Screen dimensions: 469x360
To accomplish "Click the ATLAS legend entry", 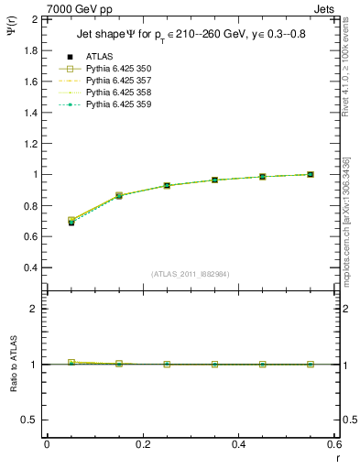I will coord(99,57).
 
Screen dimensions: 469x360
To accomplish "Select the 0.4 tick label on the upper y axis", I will coord(29,267).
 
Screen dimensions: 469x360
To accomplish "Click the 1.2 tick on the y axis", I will coord(29,143).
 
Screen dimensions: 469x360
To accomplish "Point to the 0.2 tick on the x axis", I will coord(142,443).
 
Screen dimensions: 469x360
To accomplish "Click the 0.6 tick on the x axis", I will coord(333,443).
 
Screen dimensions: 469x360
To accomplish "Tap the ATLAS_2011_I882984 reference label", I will coord(190,274).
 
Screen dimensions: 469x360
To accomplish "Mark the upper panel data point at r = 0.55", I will coord(311,174).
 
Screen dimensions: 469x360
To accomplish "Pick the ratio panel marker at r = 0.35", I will coord(215,364).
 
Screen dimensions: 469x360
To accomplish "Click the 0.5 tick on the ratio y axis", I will coord(29,420).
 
